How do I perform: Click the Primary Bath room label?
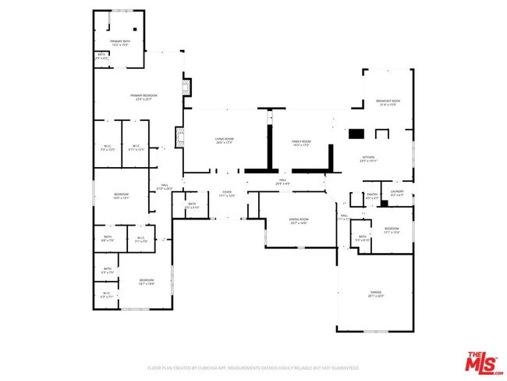tap(120, 42)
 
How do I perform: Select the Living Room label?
tap(225, 141)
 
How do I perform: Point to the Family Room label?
tap(301, 143)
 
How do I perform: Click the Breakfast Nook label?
tap(388, 103)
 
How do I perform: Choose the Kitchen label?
tap(369, 159)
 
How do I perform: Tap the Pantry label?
tap(372, 197)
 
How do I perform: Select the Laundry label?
tap(396, 192)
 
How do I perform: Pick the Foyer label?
tap(227, 193)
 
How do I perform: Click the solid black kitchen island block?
tap(356, 134)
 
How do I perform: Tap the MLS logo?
tap(484, 363)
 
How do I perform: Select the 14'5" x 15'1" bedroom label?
tap(121, 196)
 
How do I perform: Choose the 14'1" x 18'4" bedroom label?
tap(147, 282)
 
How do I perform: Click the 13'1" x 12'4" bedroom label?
tap(392, 230)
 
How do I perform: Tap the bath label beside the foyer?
tap(193, 206)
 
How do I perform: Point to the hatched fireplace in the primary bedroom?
tap(186, 86)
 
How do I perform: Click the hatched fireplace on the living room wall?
tap(179, 139)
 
